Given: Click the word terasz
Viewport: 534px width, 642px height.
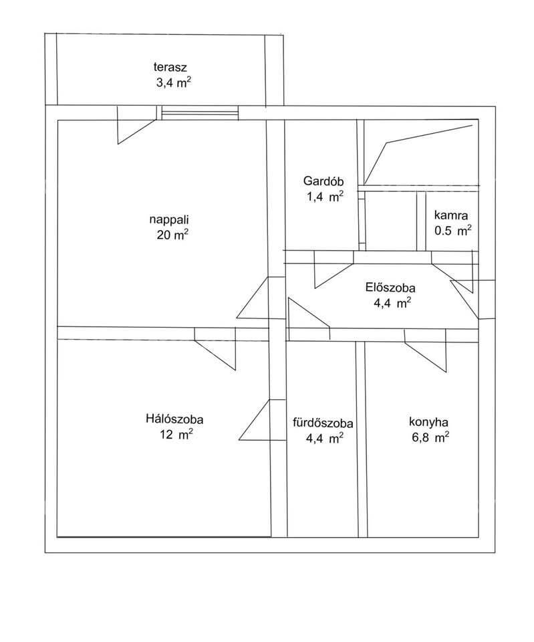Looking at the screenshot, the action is click(x=170, y=67).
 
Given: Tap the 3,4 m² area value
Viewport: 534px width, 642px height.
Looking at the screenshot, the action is click(x=174, y=82).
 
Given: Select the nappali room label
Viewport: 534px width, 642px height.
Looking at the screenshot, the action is click(x=169, y=220).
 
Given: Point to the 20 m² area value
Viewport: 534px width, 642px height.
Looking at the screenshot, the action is click(x=172, y=235).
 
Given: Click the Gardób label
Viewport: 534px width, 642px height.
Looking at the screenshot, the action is click(x=323, y=181).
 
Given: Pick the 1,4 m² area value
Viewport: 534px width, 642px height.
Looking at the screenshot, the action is click(x=325, y=197).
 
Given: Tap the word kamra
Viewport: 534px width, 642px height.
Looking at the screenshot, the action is click(x=451, y=215).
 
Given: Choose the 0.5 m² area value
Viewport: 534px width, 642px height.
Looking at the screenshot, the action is click(x=453, y=231).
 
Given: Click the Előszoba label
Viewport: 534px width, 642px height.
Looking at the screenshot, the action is click(x=390, y=288).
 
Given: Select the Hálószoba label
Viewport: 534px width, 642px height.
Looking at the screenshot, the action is click(x=174, y=419).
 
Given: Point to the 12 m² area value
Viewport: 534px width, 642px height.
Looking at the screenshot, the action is click(x=176, y=435).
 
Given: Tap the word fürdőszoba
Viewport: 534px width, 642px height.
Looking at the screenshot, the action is click(x=323, y=423).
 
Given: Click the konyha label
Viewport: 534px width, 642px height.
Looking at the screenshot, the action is click(x=428, y=422).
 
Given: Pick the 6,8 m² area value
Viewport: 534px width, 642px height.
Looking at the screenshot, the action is click(x=430, y=437).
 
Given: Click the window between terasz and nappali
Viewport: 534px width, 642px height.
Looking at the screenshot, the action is click(x=200, y=112).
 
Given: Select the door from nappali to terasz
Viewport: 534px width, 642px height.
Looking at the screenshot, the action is click(x=137, y=125).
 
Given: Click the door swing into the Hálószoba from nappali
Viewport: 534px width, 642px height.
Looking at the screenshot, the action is click(x=215, y=349).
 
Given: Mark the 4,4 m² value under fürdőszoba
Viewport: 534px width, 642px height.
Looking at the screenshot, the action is click(x=325, y=438).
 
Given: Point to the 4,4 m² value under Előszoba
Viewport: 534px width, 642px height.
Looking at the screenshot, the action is click(x=392, y=303).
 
